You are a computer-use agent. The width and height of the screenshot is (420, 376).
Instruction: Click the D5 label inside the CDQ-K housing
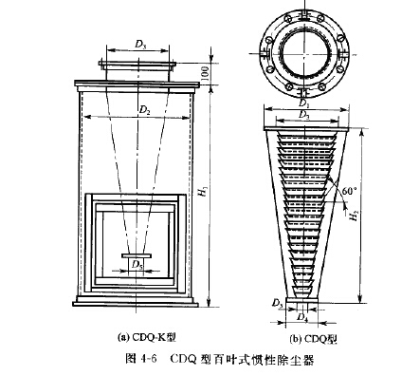coord(138,264)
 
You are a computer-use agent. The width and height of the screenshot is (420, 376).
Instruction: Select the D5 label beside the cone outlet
coord(277,303)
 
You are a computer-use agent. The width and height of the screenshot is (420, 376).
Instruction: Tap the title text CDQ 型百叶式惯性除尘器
coord(241,359)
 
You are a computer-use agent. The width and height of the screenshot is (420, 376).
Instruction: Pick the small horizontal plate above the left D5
coord(138,254)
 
